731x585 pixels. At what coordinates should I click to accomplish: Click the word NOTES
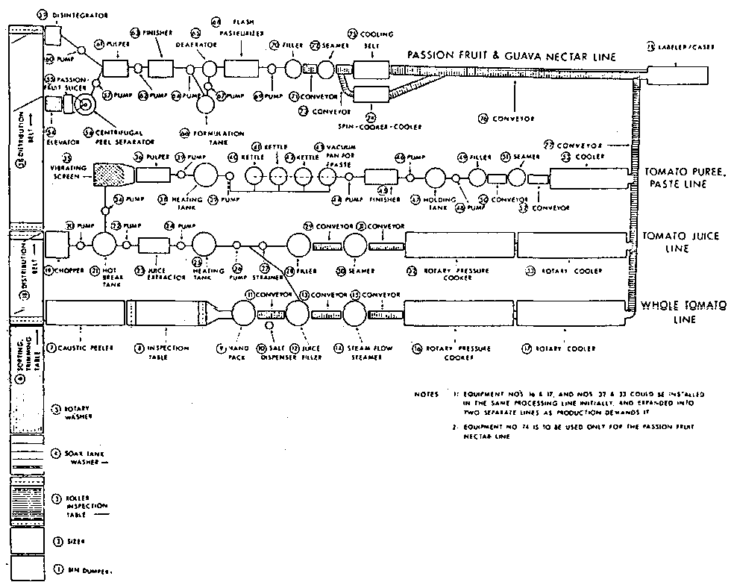coord(427,393)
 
